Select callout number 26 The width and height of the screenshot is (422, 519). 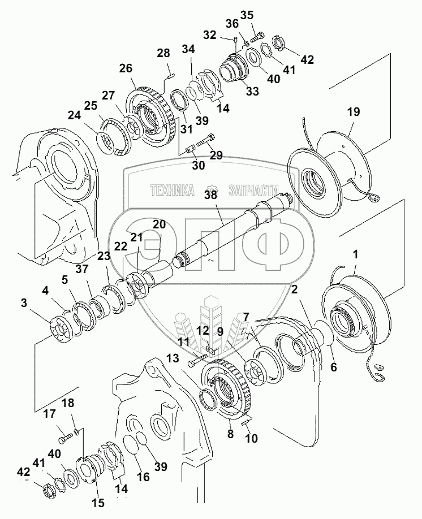click(126, 69)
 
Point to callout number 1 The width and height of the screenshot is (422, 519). click(355, 255)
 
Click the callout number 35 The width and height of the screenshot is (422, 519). click(247, 15)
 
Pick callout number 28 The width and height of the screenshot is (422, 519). click(163, 53)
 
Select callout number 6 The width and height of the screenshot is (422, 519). click(333, 367)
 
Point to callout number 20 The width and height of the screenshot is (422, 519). click(159, 224)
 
